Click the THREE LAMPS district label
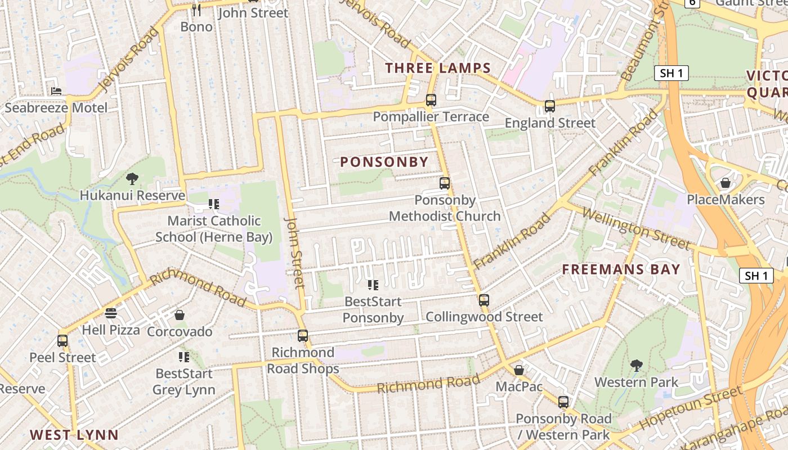(x=438, y=69)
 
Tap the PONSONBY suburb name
(x=384, y=162)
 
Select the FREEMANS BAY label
(x=621, y=269)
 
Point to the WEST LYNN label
(x=74, y=435)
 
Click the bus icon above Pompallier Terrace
(x=431, y=100)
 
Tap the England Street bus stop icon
(x=550, y=106)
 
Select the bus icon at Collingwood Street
(x=484, y=300)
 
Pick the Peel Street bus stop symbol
(x=62, y=341)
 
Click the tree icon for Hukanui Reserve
(x=132, y=179)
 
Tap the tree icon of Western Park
(x=637, y=366)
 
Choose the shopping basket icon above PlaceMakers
(x=726, y=183)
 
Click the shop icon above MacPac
(x=519, y=370)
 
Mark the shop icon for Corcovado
(x=180, y=315)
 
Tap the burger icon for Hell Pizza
(x=111, y=313)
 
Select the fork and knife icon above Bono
(x=196, y=10)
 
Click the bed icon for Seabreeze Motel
(x=56, y=91)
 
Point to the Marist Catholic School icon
(x=213, y=204)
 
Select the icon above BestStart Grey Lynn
(x=183, y=357)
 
